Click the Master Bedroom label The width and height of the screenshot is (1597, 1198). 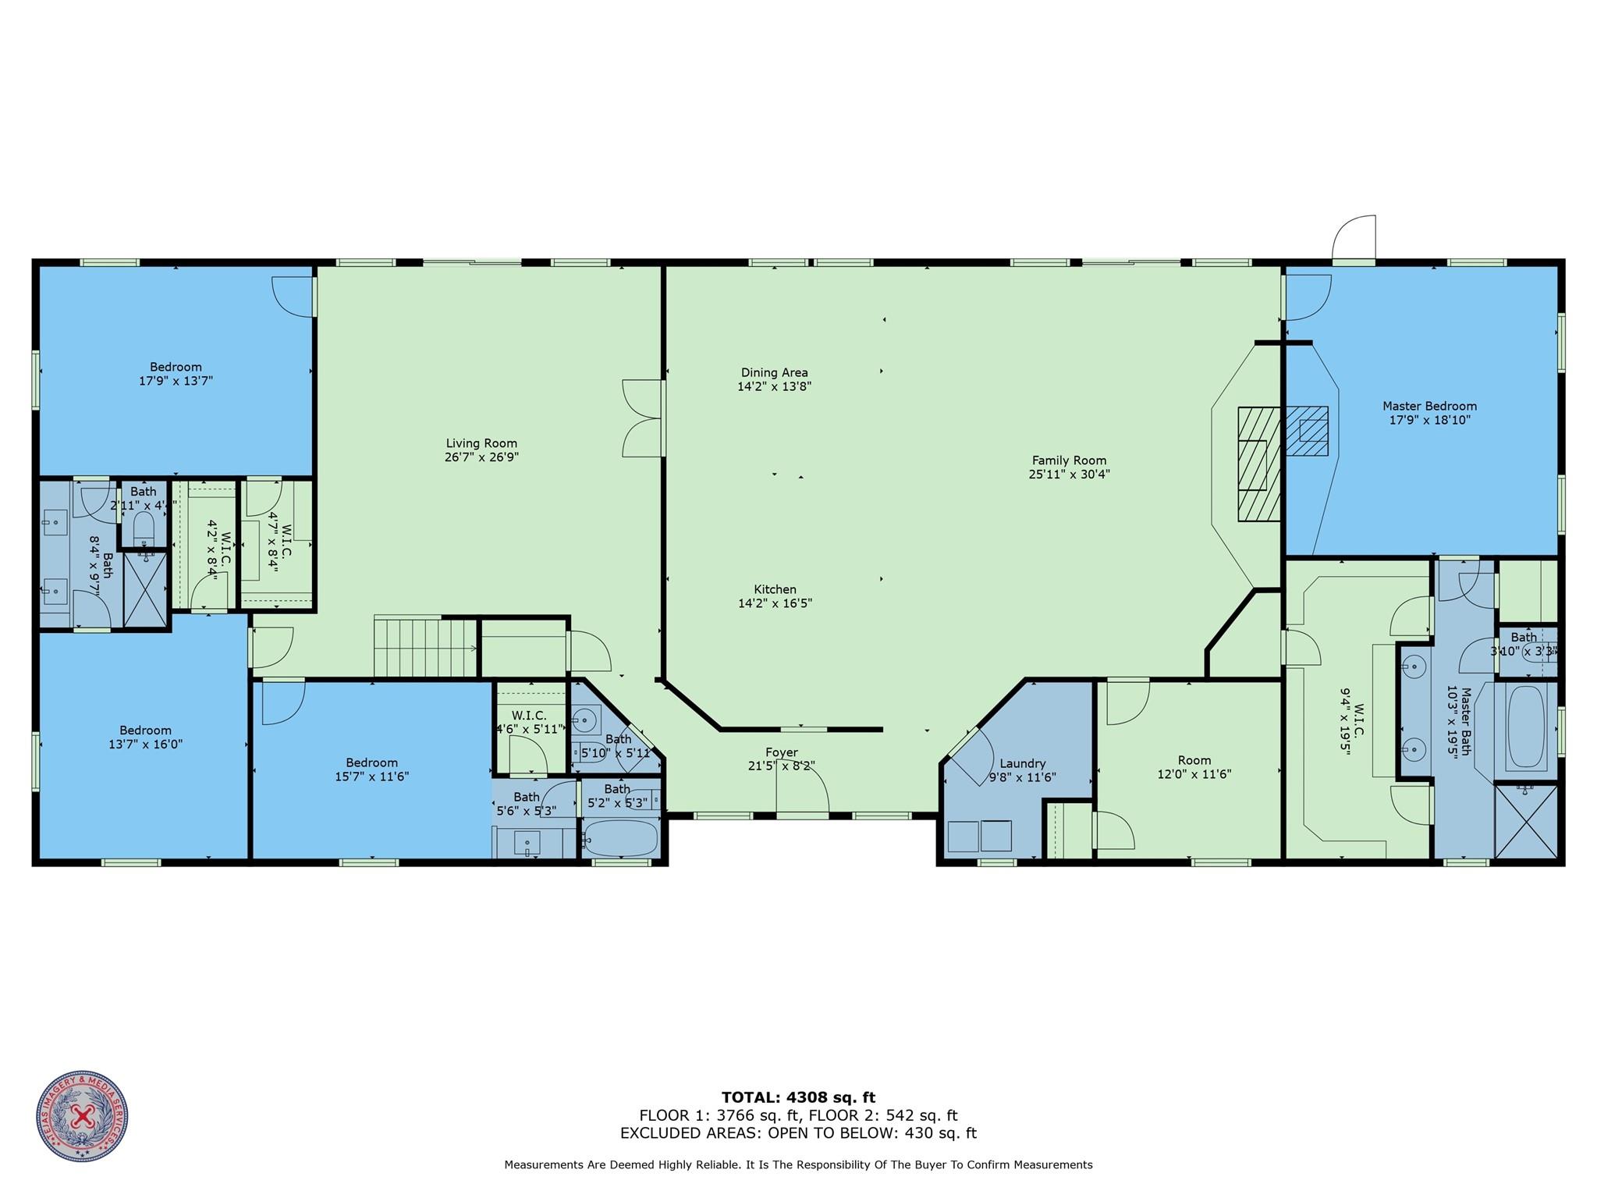pos(1429,406)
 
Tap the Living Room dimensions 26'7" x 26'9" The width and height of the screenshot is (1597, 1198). pos(481,457)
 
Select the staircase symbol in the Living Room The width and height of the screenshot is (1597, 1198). pos(425,647)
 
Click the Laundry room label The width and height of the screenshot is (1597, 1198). pos(1021,763)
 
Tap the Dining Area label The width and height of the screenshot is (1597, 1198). pos(774,372)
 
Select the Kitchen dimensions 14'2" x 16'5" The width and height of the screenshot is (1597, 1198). pos(775,603)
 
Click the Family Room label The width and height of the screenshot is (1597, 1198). pos(1069,460)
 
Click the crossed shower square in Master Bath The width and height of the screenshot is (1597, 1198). pos(1525,822)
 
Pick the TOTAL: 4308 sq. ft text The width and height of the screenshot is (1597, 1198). pos(798,1097)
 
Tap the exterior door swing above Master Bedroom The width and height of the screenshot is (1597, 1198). pos(1354,240)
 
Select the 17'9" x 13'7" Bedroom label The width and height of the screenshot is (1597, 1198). pos(176,374)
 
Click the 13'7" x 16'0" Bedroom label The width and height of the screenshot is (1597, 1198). pos(146,738)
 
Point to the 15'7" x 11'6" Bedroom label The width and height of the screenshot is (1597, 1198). pos(372,770)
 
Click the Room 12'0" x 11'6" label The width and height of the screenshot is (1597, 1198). pos(1194,767)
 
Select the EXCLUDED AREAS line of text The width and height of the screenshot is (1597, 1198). pos(798,1133)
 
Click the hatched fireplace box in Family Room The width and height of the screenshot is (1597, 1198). pos(1258,464)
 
